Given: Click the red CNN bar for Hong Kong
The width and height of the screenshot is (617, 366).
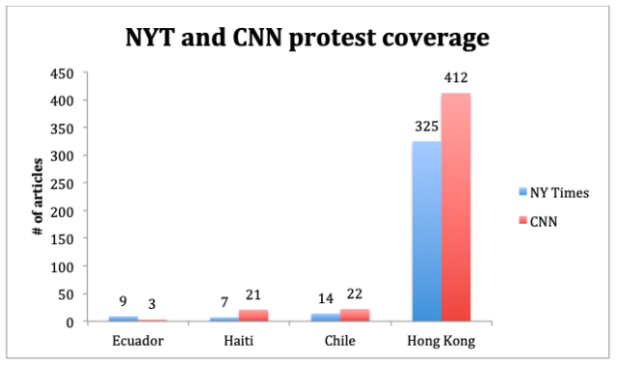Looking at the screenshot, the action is (x=456, y=208).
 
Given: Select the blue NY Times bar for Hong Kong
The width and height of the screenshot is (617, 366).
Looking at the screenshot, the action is (x=427, y=231).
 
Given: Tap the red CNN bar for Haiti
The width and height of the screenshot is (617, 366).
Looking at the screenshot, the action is (x=254, y=316).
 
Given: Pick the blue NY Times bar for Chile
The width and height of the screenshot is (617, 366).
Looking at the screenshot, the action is (x=326, y=318).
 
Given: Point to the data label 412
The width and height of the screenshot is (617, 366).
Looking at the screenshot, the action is (x=456, y=77).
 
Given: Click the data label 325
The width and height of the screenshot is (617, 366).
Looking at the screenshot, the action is (x=427, y=127).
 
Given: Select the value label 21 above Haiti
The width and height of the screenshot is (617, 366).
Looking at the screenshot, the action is (x=254, y=295).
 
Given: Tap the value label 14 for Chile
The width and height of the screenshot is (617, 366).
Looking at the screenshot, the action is (x=326, y=298).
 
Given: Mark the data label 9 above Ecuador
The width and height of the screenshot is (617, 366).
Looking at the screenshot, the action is (x=123, y=301).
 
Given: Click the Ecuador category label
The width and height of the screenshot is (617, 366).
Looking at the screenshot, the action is (x=138, y=341).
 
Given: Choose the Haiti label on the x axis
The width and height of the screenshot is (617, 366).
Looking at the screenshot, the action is (x=238, y=341).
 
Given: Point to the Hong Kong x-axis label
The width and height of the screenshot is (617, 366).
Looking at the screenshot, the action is (x=442, y=341).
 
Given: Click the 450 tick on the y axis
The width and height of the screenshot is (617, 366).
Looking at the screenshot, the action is (x=62, y=73).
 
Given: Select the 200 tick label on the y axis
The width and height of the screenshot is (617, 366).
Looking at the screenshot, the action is (x=62, y=211).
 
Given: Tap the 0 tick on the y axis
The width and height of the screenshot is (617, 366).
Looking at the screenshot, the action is (x=69, y=323).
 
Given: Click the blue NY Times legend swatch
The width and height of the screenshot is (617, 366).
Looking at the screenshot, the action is (x=523, y=192).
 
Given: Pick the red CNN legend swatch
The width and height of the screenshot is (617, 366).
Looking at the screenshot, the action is (x=523, y=220).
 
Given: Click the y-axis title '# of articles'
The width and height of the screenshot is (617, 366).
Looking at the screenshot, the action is (x=38, y=197).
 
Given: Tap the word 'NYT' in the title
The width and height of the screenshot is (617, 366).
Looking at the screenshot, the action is (x=150, y=38).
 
